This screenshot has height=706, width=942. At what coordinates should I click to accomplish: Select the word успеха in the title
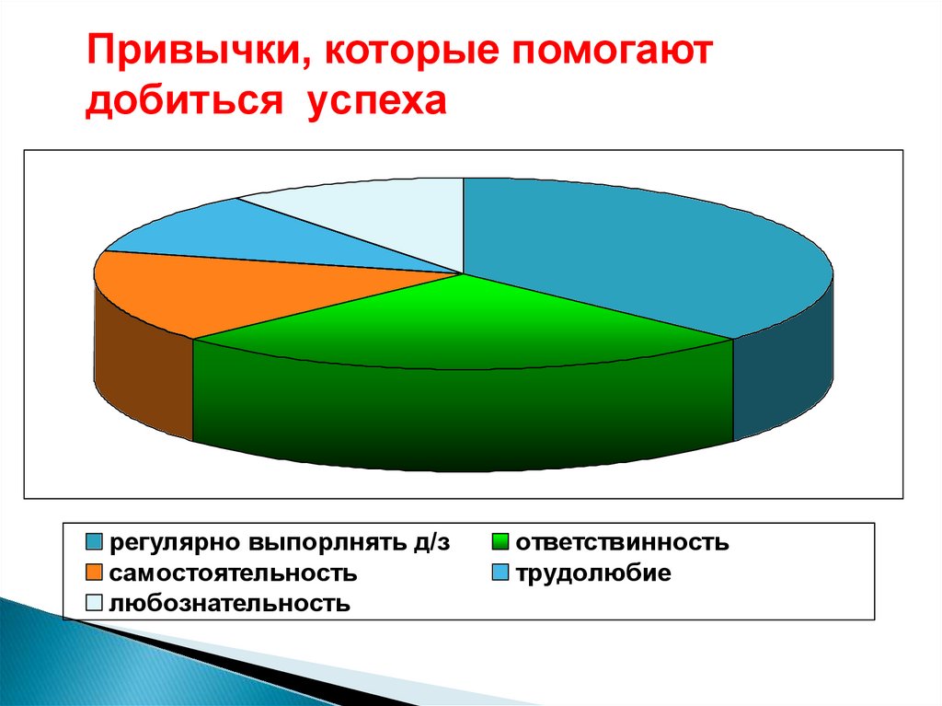coord(377,101)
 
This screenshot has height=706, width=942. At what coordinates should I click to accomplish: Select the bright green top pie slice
coord(460,322)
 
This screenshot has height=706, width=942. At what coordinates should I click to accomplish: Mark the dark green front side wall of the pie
coord(460,414)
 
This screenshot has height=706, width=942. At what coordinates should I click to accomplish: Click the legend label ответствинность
coord(622,543)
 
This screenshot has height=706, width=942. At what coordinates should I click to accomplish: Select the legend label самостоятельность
coord(233,573)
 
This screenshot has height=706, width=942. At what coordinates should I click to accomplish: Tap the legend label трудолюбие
coord(592,573)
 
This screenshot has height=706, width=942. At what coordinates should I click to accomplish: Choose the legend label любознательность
coord(230,604)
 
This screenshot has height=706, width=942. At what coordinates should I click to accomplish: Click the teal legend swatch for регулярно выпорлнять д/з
coord(95,542)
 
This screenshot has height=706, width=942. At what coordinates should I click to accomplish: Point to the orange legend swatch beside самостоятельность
coord(95,573)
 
